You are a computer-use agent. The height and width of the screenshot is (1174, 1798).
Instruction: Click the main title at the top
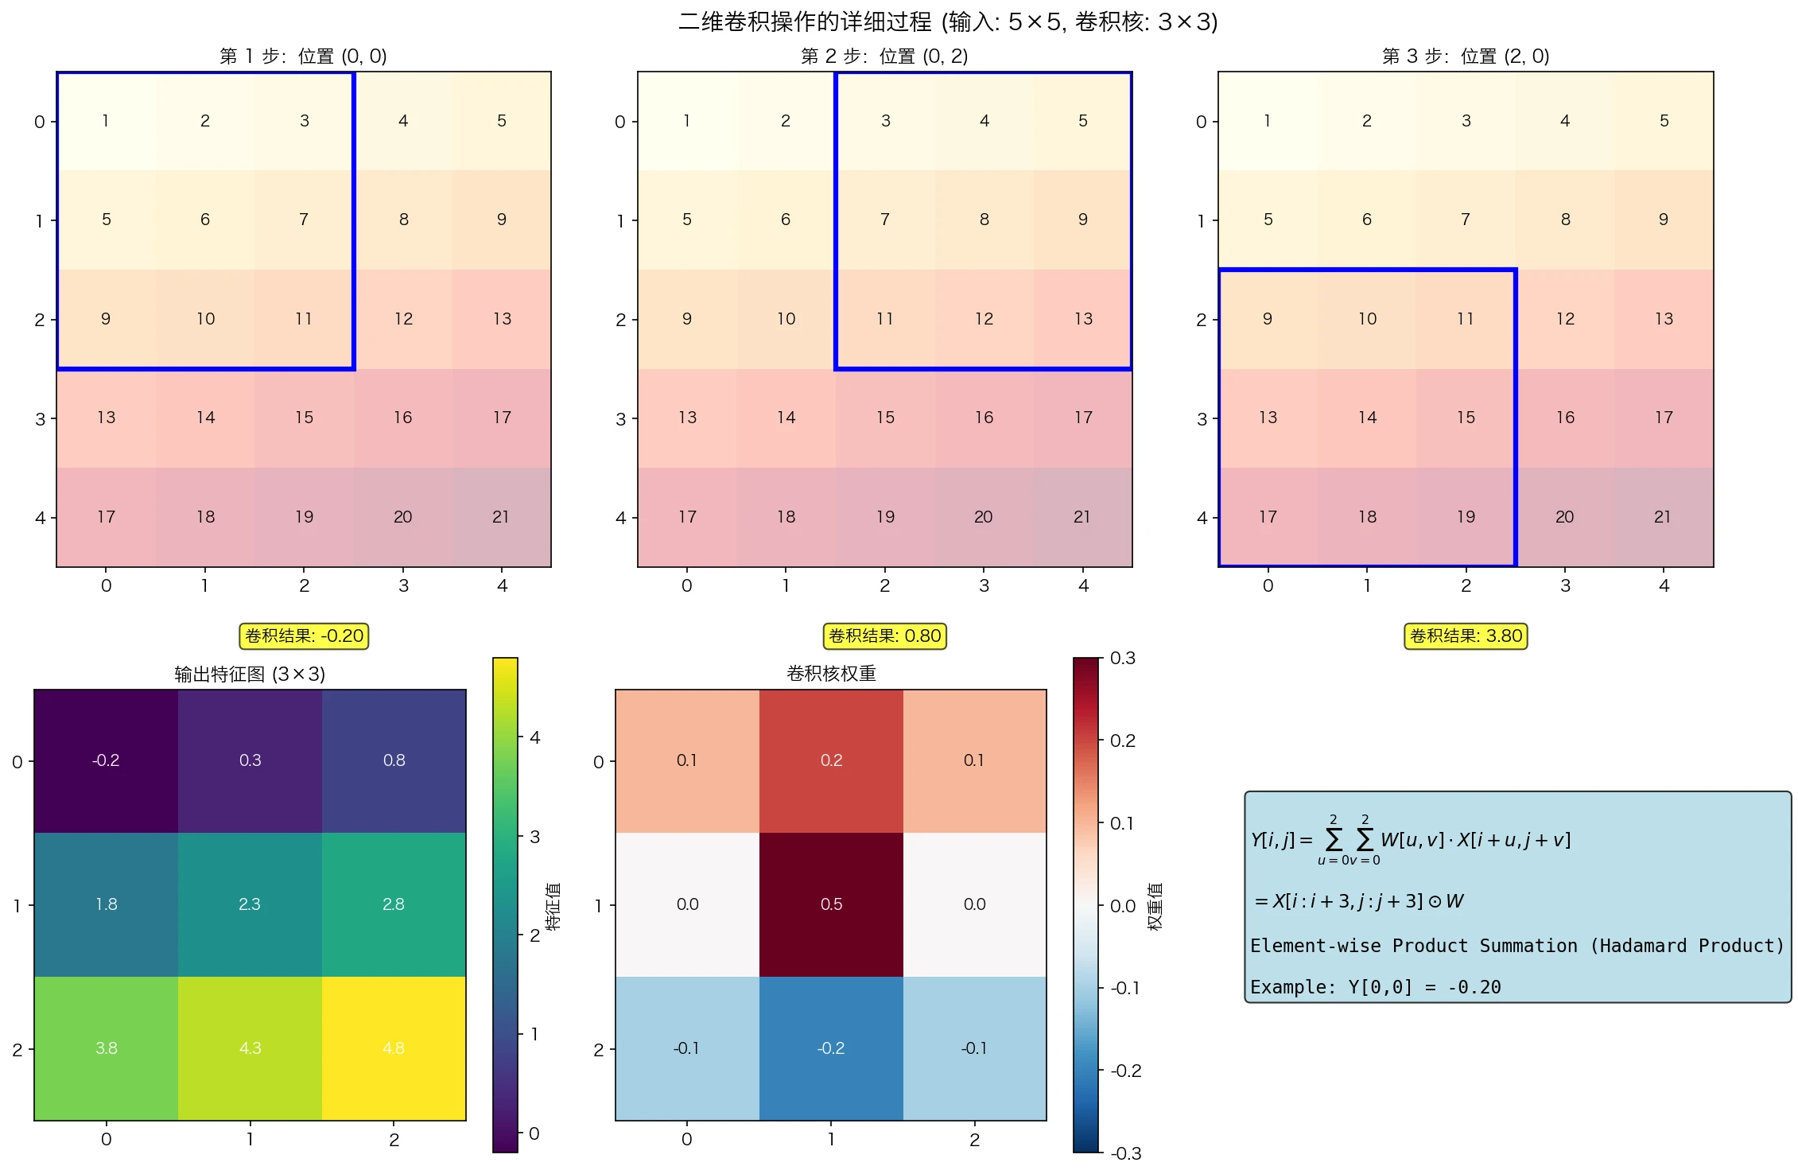click(947, 21)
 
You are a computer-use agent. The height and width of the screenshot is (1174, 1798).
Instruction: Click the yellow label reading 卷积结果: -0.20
click(304, 636)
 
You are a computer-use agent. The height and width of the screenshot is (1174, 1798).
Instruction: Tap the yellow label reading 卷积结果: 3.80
click(1466, 636)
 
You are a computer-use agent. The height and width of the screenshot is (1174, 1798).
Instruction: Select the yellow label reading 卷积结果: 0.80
click(884, 636)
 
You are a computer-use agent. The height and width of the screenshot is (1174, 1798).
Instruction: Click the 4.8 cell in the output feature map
click(394, 1048)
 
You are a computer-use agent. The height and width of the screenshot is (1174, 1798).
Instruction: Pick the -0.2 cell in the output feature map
click(106, 760)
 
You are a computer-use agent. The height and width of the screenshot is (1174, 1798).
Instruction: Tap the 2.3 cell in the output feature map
click(250, 904)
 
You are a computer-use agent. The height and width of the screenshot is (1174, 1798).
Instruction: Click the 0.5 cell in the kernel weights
click(831, 904)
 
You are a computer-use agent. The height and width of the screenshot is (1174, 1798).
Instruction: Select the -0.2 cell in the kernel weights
click(831, 1048)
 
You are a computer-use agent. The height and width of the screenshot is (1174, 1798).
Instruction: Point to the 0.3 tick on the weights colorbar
click(1121, 659)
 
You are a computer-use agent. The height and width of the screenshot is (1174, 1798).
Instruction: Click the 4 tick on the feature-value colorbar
click(534, 738)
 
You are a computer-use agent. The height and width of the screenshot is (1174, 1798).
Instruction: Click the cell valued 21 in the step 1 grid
click(501, 517)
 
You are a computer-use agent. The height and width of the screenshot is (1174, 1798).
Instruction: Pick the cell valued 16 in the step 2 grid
click(984, 418)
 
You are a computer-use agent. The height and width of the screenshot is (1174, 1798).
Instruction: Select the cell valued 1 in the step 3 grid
click(1268, 121)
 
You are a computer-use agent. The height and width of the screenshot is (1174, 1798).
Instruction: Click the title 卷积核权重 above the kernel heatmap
click(831, 674)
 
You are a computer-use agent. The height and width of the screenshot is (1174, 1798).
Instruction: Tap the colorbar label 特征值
click(553, 906)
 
